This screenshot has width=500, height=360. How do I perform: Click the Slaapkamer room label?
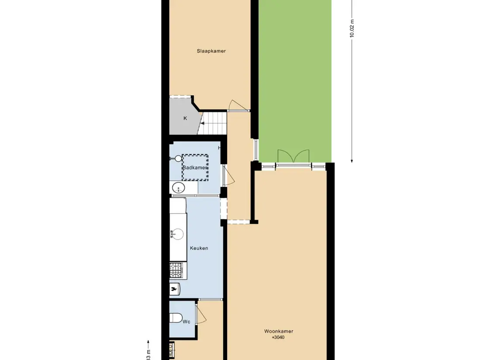[211, 51]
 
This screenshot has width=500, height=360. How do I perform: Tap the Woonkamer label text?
[279, 331]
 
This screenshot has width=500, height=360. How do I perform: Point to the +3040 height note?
[278, 337]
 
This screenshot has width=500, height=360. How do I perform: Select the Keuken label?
[199, 248]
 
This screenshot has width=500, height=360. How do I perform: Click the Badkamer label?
[195, 168]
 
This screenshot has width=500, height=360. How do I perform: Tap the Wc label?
[186, 322]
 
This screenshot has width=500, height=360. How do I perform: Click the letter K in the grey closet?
[185, 118]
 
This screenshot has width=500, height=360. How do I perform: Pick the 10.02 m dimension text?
[352, 29]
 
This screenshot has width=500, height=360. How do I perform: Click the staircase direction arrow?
[204, 123]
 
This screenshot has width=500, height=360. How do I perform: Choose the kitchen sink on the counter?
[177, 234]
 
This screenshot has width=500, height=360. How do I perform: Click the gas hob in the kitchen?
[176, 270]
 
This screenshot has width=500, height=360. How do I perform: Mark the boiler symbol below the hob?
[175, 288]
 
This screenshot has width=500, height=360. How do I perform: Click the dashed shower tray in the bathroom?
[195, 167]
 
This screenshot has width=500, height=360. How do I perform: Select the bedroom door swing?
[235, 105]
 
